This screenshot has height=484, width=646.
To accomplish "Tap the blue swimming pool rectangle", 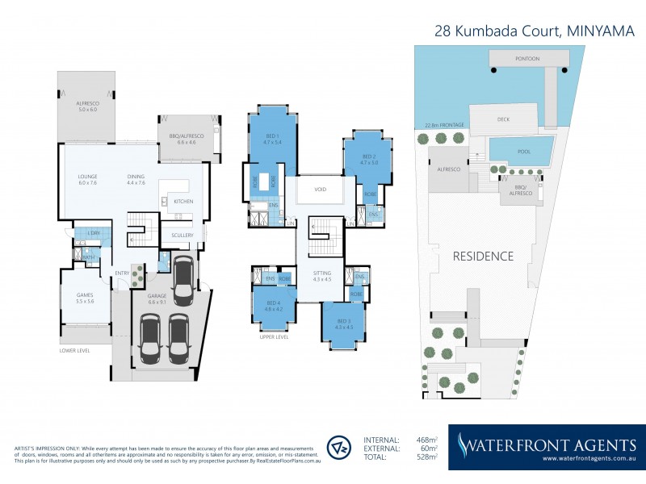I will (x=522, y=148).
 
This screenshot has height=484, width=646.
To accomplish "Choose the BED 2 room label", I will (x=369, y=157).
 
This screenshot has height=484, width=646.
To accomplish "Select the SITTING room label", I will (x=322, y=277).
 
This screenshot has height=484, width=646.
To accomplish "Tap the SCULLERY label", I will (x=182, y=235).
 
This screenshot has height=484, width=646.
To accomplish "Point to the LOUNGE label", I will (x=86, y=178).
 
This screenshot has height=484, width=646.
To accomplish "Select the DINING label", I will (x=137, y=178).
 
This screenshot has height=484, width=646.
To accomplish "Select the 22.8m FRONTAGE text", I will (x=443, y=125).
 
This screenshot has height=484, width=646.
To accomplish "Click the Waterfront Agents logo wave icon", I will (x=464, y=444).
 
